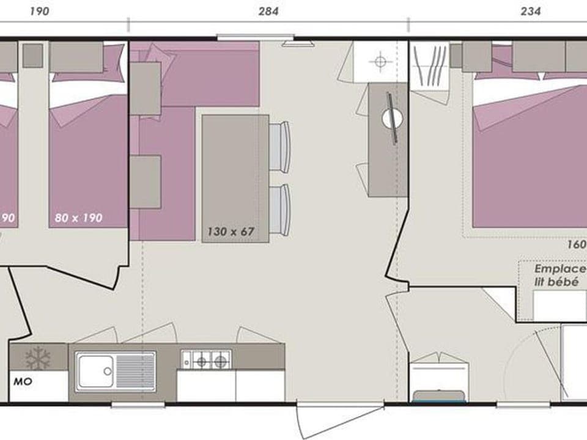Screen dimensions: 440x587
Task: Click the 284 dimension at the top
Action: click(x=268, y=11)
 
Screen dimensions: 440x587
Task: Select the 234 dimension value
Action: click(x=530, y=11)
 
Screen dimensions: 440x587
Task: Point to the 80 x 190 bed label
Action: click(x=78, y=218)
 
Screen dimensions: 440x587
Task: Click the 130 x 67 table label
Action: click(x=230, y=232)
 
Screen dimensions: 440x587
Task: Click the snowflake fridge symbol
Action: click(x=38, y=358)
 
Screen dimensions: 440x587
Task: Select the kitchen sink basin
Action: click(x=97, y=370)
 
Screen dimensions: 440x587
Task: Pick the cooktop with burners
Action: click(x=206, y=359)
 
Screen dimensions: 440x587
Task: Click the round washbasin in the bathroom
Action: click(x=392, y=118)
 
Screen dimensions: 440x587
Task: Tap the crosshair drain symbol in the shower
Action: click(x=380, y=61)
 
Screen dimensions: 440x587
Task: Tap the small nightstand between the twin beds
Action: click(x=32, y=56)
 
